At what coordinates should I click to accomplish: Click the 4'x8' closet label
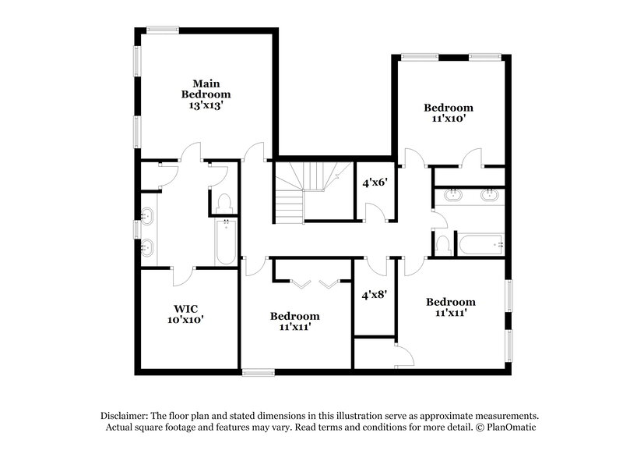[x=375, y=296]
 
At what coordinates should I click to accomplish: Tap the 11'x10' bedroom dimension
[x=448, y=120]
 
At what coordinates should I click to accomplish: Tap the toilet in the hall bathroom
[x=443, y=244]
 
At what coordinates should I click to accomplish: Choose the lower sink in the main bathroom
[x=148, y=249]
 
